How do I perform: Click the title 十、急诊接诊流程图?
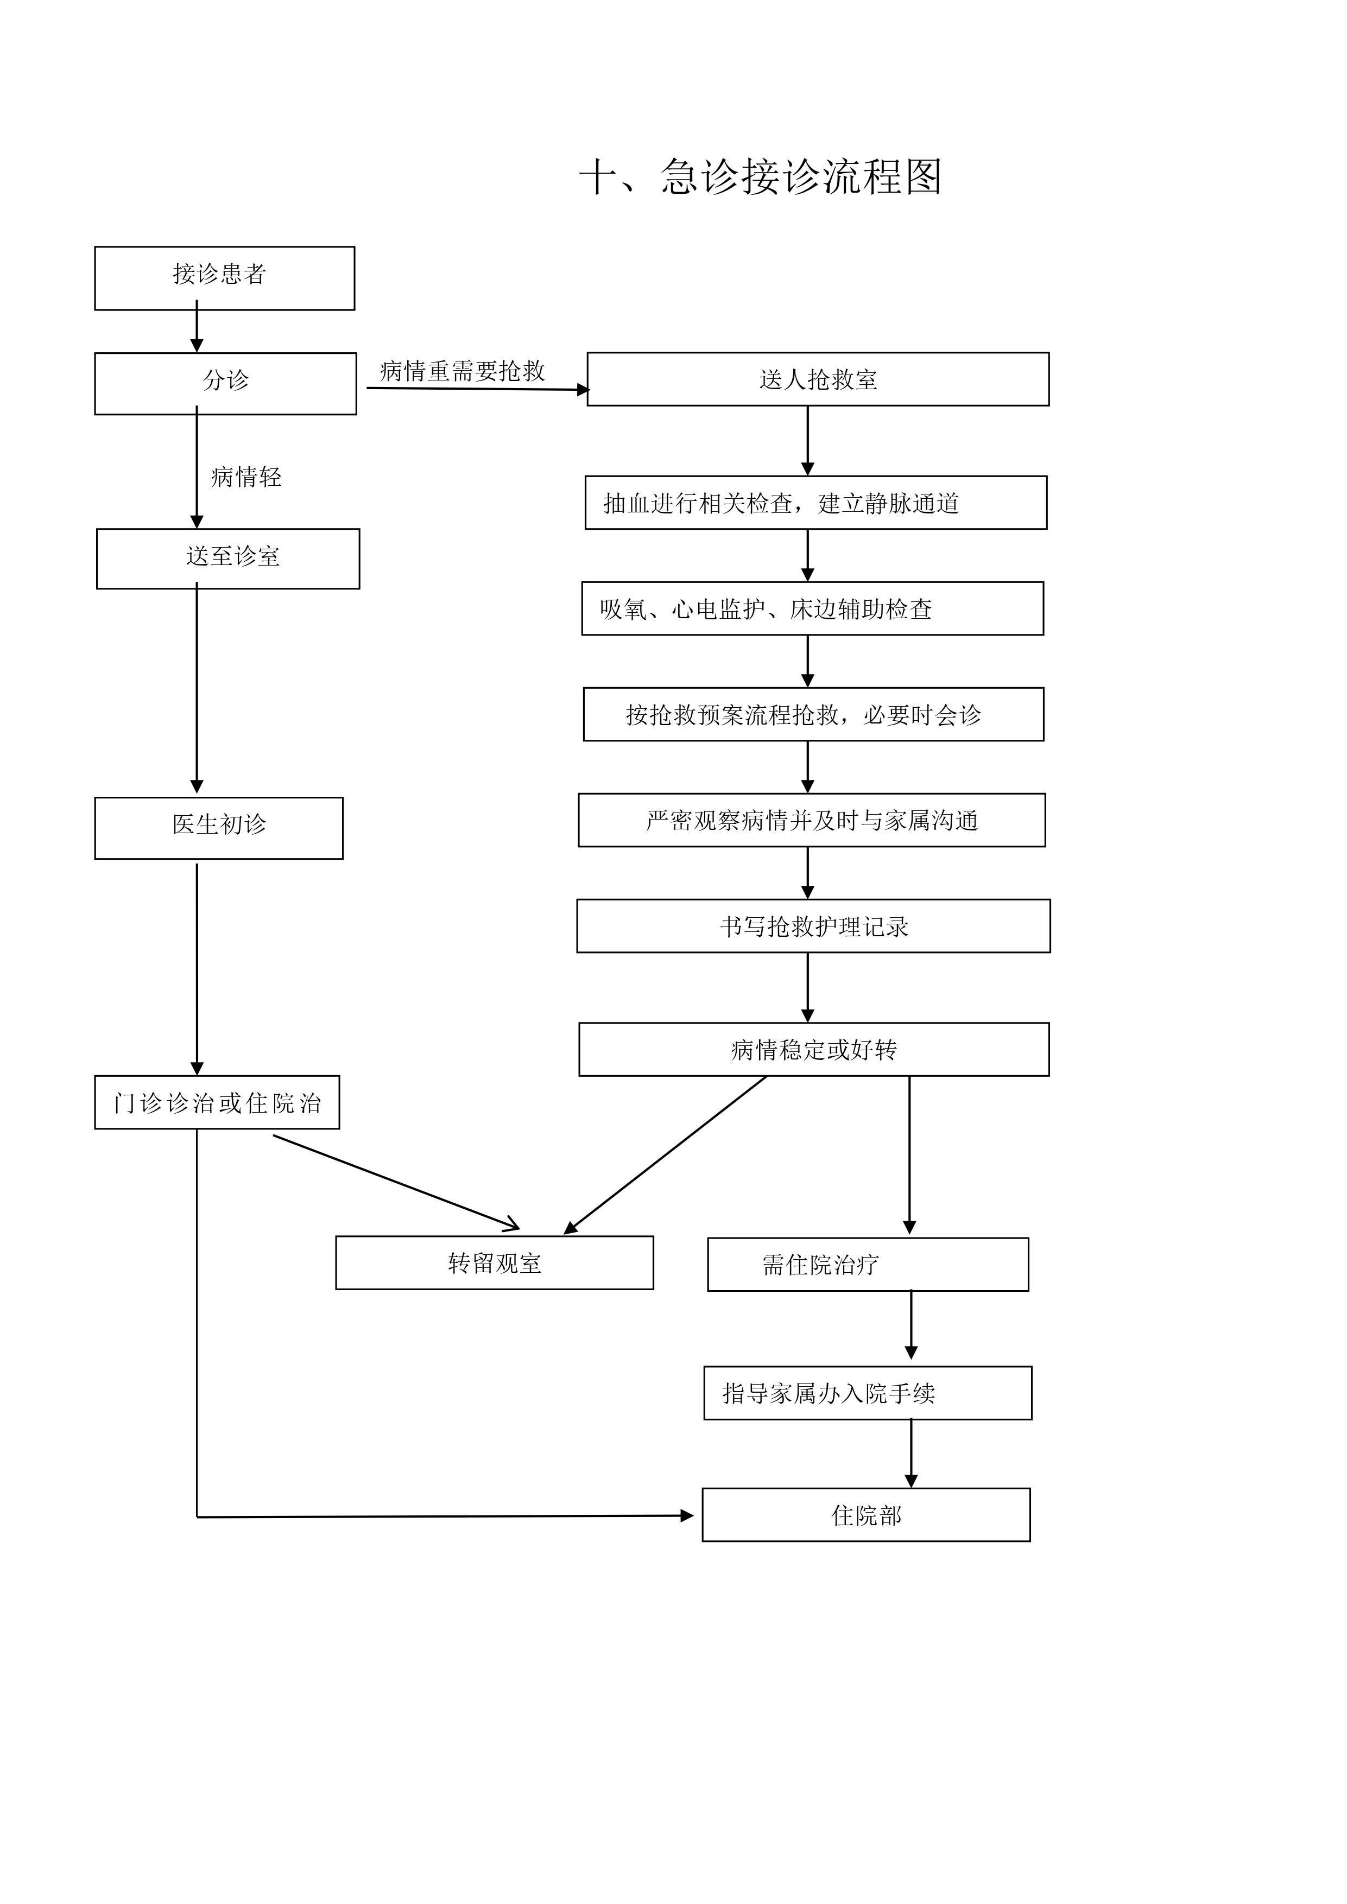760,176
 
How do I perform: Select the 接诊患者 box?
225,278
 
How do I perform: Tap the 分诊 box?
226,383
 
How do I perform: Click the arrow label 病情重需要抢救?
462,371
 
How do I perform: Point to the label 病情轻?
246,477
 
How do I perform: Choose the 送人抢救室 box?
818,379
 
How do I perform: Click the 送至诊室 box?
228,558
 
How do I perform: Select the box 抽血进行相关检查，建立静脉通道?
816,503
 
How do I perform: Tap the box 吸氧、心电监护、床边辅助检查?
813,608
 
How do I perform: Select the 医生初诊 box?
219,828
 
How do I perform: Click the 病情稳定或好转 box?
814,1049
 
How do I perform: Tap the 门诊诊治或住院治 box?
217,1102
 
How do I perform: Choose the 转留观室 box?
495,1263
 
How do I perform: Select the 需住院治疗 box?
868,1265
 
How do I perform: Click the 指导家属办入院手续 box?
868,1393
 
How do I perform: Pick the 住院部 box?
866,1515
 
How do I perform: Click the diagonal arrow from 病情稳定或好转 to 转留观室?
665,1154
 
